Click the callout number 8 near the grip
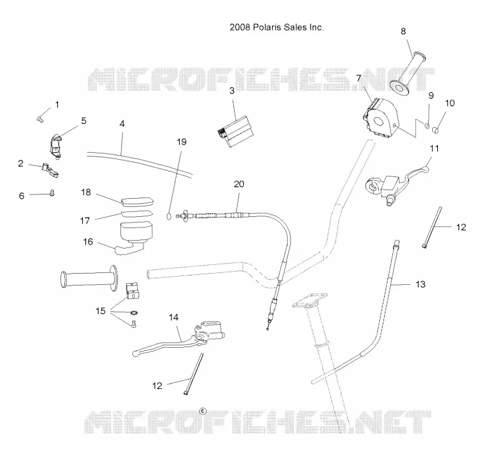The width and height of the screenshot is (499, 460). tap(403, 31)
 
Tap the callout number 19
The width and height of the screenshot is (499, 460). tap(182, 141)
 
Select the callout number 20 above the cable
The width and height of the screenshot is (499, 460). tap(239, 184)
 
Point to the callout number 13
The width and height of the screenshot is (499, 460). tap(420, 284)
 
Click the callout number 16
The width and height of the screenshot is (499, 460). tap(88, 242)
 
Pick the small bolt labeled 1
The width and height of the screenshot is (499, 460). tap(40, 119)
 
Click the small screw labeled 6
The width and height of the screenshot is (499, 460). tap(52, 193)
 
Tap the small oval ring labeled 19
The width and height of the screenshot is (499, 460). tap(169, 217)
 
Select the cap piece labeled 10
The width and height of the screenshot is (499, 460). tap(435, 131)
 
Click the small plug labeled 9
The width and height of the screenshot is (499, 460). tap(427, 125)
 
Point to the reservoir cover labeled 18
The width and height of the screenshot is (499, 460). tap(137, 203)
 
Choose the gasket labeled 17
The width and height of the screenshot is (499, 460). tap(136, 213)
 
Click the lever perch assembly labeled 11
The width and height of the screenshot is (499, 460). tap(397, 183)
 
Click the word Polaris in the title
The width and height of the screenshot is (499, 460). tap(266, 27)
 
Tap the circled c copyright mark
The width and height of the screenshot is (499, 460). tap(203, 411)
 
